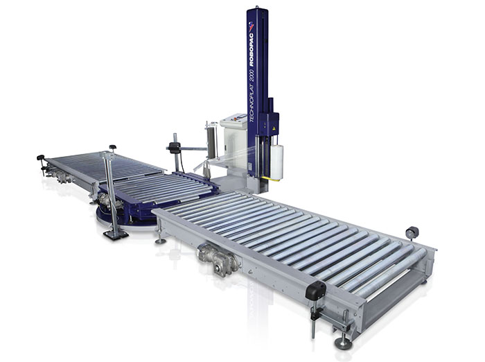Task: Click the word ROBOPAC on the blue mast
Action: coord(251,49)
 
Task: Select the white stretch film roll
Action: coord(277,162)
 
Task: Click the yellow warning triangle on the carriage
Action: coord(273,128)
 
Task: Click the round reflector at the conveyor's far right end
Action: coord(412,232)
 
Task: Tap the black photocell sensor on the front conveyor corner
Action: coord(316,290)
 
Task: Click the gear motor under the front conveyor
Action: coord(219,259)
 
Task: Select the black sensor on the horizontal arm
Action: coord(175,148)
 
